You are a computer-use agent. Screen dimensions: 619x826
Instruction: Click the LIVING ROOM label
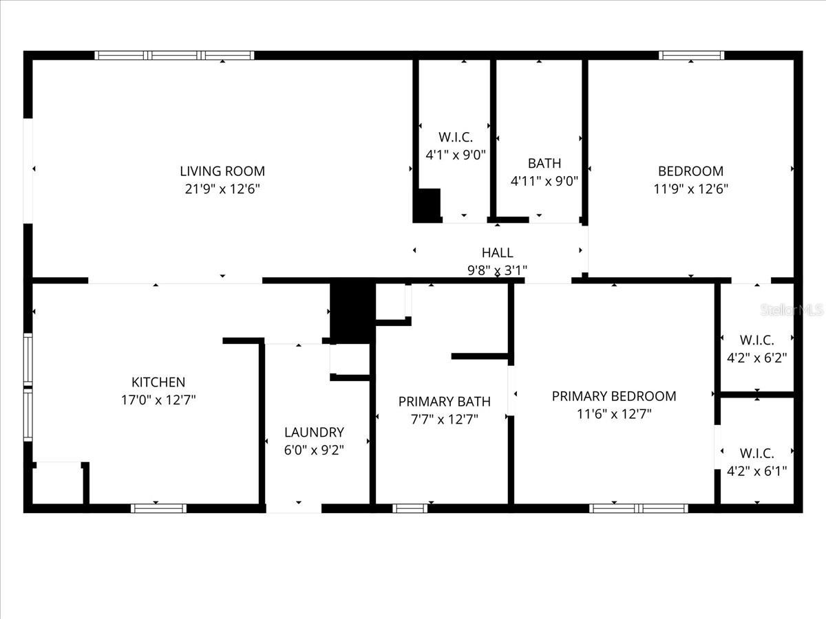(x=222, y=171)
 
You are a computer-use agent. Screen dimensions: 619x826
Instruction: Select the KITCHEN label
(x=158, y=382)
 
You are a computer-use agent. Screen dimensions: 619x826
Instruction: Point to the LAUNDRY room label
(x=314, y=433)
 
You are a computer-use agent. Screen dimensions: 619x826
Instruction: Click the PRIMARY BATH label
(x=445, y=402)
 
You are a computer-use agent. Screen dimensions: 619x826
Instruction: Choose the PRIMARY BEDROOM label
(x=614, y=396)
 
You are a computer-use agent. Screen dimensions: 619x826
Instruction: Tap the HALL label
(x=497, y=253)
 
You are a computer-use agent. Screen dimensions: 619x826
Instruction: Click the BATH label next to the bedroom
(x=544, y=164)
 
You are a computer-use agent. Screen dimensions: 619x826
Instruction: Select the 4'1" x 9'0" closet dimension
(x=456, y=155)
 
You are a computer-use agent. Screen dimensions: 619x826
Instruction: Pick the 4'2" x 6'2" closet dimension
(x=757, y=358)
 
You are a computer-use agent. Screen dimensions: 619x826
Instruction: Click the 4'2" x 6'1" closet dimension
(x=757, y=471)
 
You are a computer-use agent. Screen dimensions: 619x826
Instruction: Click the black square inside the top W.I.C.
(x=427, y=204)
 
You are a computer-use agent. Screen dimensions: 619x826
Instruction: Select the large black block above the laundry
(x=352, y=311)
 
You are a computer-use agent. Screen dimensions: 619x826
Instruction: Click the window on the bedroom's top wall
(x=691, y=56)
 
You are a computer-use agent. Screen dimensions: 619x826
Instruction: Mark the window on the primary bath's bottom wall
(x=410, y=508)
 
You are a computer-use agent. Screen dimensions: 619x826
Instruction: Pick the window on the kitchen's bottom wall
(x=159, y=508)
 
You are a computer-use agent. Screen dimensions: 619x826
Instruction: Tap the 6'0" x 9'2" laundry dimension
(x=314, y=450)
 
